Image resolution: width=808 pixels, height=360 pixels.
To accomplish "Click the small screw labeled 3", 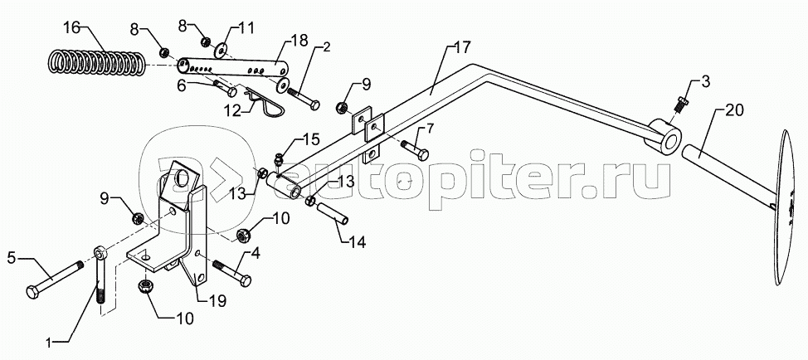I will click(x=680, y=104).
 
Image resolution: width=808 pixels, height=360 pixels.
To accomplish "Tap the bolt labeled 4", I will click(x=230, y=270).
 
